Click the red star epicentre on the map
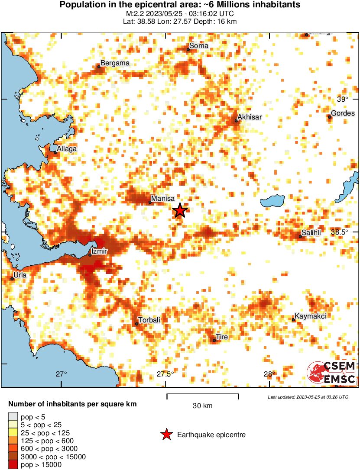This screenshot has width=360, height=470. coord(180,211)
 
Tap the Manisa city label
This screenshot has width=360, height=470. coord(162,199)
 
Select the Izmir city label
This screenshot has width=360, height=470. coord(99,251)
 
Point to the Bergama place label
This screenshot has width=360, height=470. coord(115,64)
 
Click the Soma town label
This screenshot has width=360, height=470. coord(199,46)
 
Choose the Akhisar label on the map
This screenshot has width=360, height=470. coord(250,117)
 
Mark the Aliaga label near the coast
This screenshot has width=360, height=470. coord(68,149)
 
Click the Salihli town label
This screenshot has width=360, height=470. coord(311,233)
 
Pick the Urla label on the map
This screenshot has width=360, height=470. coord(20,275)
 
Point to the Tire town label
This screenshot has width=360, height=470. coord(222,337)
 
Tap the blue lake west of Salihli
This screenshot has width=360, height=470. coord(272,200)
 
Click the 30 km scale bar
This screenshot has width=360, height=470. coord(202,395)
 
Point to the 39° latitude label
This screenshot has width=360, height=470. coord(342,100)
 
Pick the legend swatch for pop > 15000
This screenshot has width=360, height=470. coord(13,465)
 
